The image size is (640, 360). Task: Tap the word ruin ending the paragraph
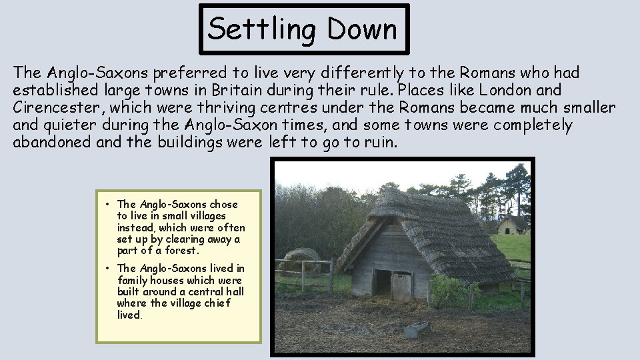379,142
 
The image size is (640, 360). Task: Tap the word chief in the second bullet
216,303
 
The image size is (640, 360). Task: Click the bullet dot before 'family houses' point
107,269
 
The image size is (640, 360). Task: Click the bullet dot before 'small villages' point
107,205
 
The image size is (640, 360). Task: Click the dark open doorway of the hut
382,281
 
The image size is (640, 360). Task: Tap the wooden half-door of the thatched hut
401,285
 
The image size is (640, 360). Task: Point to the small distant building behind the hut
511,225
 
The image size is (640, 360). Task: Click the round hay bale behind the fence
299,259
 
